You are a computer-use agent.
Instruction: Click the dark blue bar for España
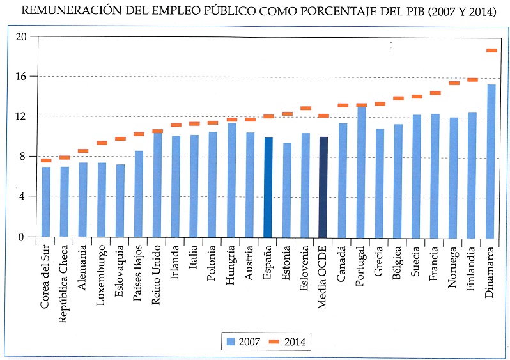pyautogui.click(x=268, y=187)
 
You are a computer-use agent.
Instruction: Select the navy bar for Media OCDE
pyautogui.click(x=323, y=187)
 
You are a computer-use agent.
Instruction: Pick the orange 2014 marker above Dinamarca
pyautogui.click(x=491, y=51)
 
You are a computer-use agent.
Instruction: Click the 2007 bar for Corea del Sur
pyautogui.click(x=46, y=201)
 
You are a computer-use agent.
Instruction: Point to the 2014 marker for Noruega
pyautogui.click(x=454, y=83)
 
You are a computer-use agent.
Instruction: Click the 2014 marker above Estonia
pyautogui.click(x=287, y=114)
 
